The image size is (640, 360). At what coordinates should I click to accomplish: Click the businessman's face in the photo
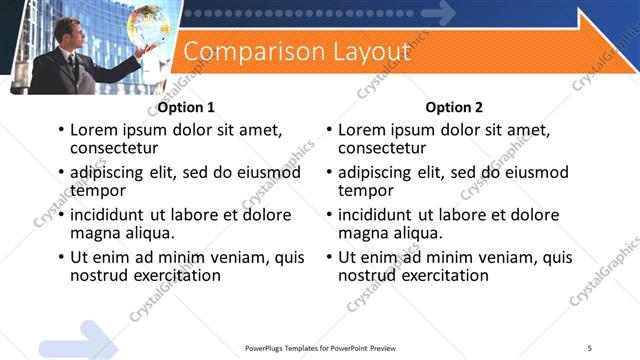pyautogui.click(x=63, y=32)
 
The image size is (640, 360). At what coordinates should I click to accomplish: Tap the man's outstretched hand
pyautogui.click(x=146, y=49)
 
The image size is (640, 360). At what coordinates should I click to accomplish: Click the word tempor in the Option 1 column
pyautogui.click(x=97, y=190)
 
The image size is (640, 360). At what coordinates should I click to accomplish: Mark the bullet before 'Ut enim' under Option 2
pyautogui.click(x=329, y=257)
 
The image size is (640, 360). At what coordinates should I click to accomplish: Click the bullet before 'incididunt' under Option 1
pyautogui.click(x=61, y=215)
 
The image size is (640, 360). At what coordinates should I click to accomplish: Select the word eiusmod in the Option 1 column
pyautogui.click(x=269, y=173)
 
